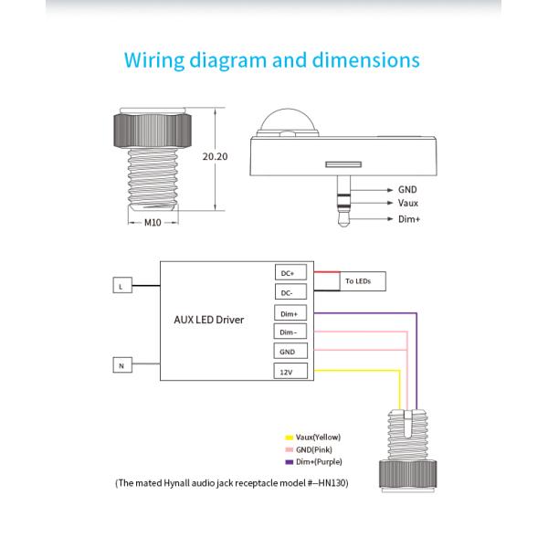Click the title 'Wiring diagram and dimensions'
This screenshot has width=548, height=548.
coord(271,61)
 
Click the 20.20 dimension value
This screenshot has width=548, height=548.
coord(215,157)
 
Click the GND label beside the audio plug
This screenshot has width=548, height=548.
coord(407,188)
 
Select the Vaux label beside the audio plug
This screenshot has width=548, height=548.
coord(408,203)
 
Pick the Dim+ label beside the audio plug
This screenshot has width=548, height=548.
coord(408,220)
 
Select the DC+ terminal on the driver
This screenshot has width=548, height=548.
coord(288,272)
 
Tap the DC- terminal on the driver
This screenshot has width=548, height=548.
coord(288,292)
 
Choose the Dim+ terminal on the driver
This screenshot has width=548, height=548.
coord(288,313)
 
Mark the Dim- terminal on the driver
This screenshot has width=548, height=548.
coord(288,332)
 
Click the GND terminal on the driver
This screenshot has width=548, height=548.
coord(288,352)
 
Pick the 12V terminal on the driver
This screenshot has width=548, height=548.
coord(288,372)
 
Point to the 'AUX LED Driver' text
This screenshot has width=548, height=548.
coord(208,321)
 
